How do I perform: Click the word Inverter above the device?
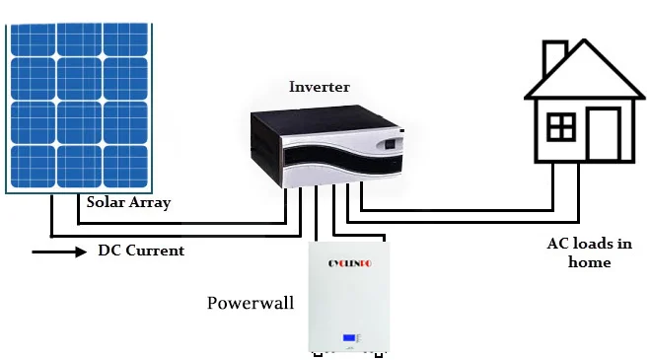tap(319, 87)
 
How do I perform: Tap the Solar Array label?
tap(128, 203)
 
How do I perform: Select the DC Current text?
tap(140, 251)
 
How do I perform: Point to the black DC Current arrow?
tap(59, 252)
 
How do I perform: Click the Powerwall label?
tap(251, 303)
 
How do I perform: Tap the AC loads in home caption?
tap(590, 252)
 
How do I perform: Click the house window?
tap(561, 127)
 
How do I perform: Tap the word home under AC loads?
tap(590, 262)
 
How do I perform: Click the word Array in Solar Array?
tap(150, 203)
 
